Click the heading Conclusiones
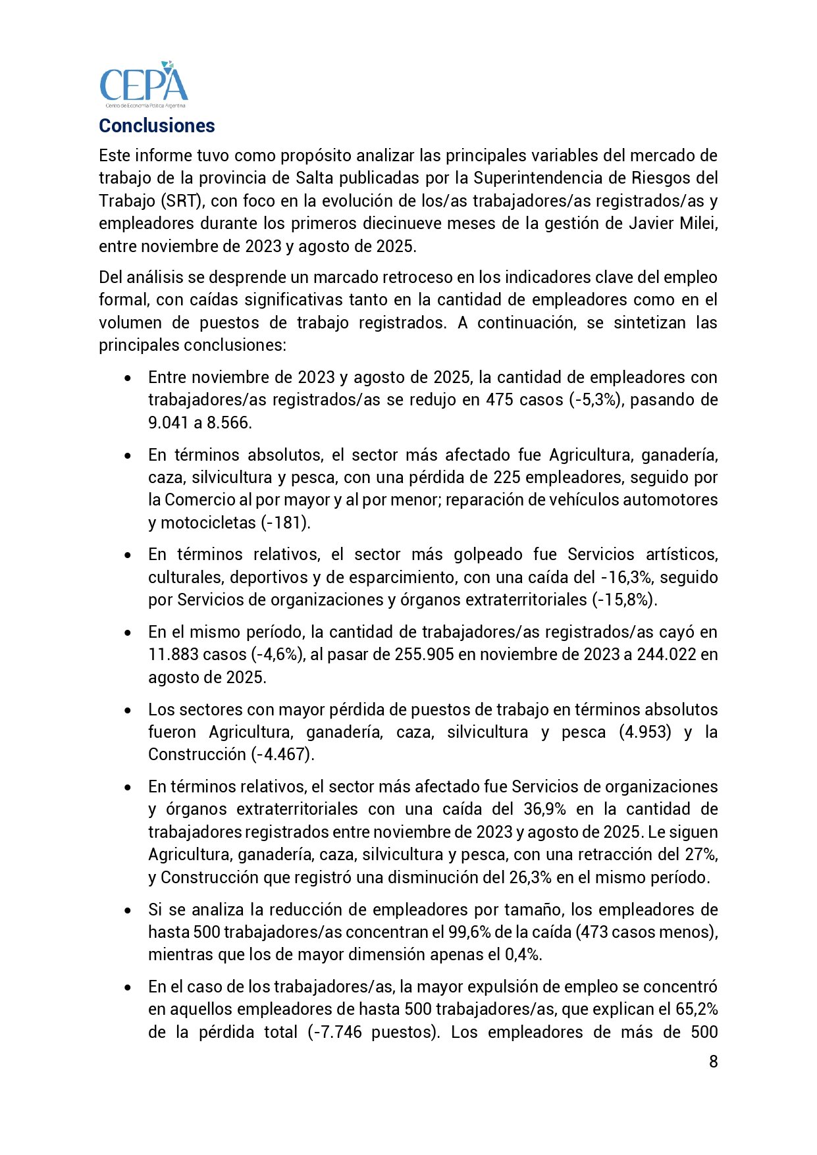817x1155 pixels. (x=157, y=126)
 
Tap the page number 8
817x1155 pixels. (x=713, y=1062)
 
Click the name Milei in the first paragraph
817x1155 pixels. (x=698, y=223)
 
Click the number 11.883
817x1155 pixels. (x=173, y=654)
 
